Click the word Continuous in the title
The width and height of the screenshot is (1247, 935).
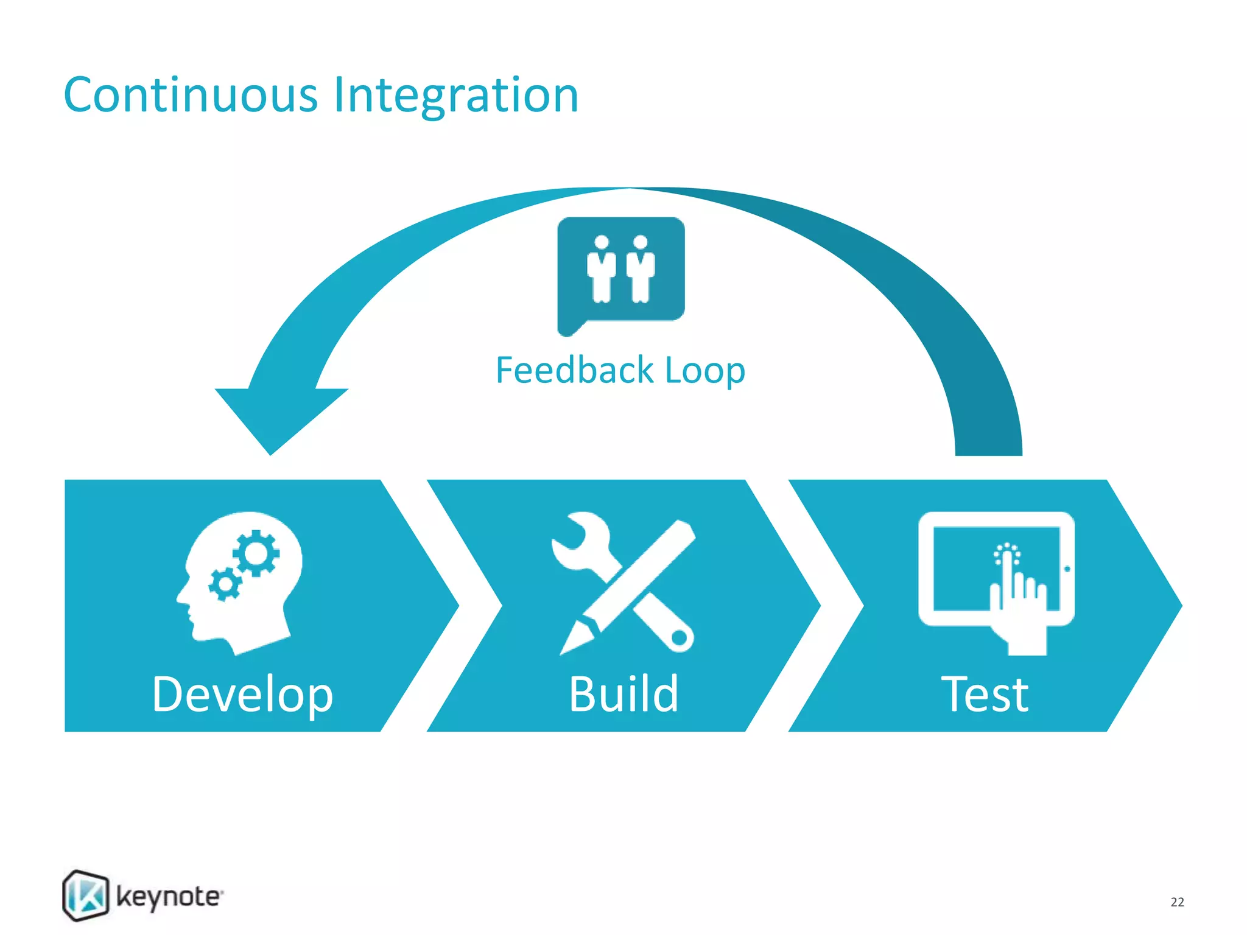(x=191, y=96)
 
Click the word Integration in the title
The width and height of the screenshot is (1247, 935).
(x=456, y=96)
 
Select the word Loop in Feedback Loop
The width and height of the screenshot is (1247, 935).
(x=705, y=370)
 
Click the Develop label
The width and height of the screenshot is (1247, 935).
(x=242, y=694)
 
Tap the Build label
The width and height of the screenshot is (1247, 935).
(x=623, y=694)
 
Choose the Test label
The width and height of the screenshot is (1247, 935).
(x=985, y=694)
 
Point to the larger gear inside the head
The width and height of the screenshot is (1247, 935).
(x=256, y=553)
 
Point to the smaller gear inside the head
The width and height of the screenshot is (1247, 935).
(x=225, y=584)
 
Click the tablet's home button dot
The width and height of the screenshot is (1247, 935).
(x=1067, y=569)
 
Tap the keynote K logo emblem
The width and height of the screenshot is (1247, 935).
(x=86, y=895)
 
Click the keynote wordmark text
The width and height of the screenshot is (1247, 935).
(x=169, y=897)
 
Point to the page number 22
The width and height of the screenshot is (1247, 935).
(x=1177, y=902)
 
